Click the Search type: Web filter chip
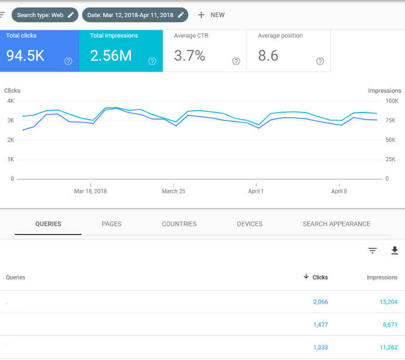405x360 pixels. [x=45, y=15]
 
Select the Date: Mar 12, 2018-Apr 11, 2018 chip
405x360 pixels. [x=135, y=15]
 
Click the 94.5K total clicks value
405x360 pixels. [x=25, y=56]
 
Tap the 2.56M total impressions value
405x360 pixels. [x=110, y=56]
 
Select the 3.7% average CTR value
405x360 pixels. [x=190, y=56]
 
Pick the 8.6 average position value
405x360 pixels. [x=268, y=56]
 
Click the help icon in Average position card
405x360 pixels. [x=320, y=61]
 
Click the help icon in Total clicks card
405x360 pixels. [x=68, y=61]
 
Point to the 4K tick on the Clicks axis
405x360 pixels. [x=10, y=101]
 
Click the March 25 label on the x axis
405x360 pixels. [x=174, y=191]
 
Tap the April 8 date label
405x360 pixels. [x=339, y=191]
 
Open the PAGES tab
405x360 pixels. [x=112, y=224]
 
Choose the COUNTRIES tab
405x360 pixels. [x=179, y=224]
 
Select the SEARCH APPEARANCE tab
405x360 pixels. [x=336, y=224]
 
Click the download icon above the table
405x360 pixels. [x=394, y=250]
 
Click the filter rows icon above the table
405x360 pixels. [x=372, y=250]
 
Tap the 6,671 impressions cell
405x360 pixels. [x=388, y=324]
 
